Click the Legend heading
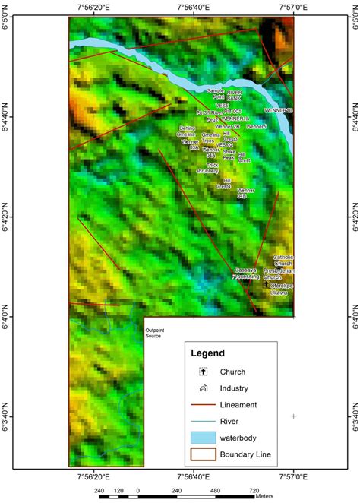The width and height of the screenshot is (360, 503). [207, 354]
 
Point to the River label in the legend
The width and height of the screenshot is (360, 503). [231, 422]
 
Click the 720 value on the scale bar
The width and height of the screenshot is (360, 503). [254, 490]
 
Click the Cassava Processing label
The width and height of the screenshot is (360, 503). [247, 274]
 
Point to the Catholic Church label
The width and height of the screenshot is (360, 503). [283, 260]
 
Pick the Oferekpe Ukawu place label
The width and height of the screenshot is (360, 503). [280, 289]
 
